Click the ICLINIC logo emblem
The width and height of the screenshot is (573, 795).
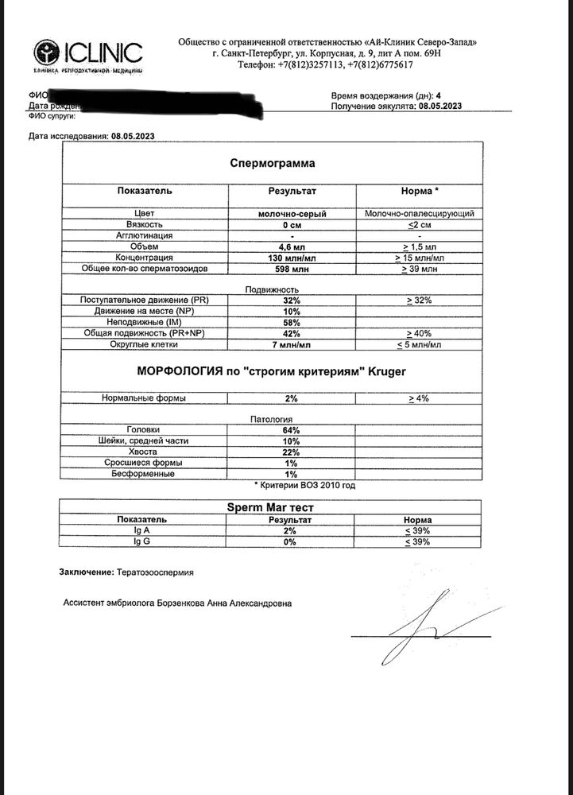click(47, 53)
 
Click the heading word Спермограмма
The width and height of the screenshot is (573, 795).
click(273, 163)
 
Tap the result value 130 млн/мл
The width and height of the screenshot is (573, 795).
click(292, 258)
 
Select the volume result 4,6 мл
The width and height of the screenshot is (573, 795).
click(292, 247)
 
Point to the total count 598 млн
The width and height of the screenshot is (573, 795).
click(292, 270)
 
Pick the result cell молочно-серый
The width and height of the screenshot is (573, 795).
click(292, 214)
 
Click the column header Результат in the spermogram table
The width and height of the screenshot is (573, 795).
click(292, 192)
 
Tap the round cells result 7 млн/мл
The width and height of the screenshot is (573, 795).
click(292, 345)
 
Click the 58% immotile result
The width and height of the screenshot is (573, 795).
click(292, 323)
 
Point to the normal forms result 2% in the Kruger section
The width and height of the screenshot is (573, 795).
click(292, 397)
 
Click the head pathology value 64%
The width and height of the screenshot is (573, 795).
click(292, 430)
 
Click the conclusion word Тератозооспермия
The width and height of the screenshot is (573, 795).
click(155, 572)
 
